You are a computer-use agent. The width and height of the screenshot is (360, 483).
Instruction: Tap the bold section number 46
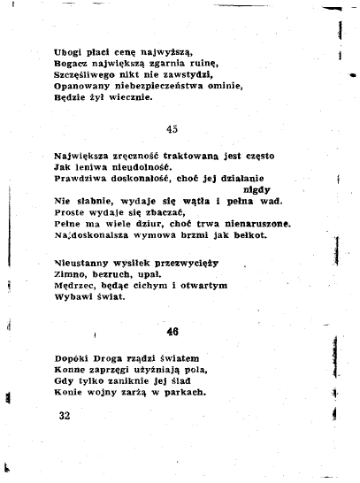(173, 332)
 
